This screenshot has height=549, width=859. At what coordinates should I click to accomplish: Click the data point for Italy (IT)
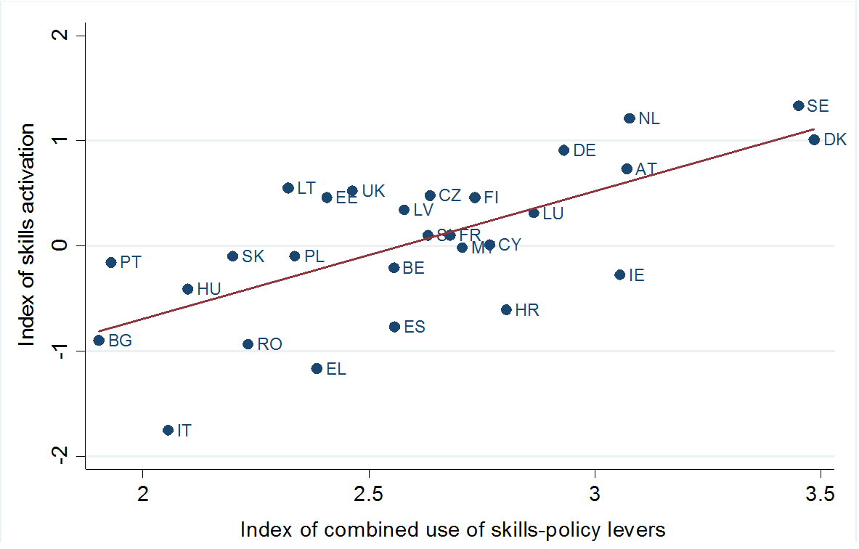click(x=168, y=430)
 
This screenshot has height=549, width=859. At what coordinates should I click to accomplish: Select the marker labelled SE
click(x=799, y=105)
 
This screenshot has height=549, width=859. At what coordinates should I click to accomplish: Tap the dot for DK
click(x=814, y=139)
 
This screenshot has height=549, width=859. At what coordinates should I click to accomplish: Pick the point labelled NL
click(x=630, y=118)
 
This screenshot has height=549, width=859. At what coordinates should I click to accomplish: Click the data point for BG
click(x=99, y=340)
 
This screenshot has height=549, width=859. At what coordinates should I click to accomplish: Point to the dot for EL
click(x=317, y=368)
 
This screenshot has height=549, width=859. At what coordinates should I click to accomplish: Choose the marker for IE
click(x=619, y=274)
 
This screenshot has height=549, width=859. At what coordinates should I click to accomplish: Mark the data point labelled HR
click(x=506, y=309)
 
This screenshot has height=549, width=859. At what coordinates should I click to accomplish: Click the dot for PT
click(x=111, y=262)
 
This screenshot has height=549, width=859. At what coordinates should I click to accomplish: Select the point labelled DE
click(x=563, y=150)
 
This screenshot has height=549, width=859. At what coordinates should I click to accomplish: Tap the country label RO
click(x=269, y=344)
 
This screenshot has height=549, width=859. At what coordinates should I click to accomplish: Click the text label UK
click(x=373, y=191)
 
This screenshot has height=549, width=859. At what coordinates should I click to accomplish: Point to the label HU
click(x=208, y=289)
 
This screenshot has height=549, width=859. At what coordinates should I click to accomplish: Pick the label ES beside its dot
click(x=415, y=327)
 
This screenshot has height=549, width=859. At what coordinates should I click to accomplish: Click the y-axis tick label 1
click(x=62, y=140)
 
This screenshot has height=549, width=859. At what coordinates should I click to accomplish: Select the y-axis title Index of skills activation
click(x=27, y=234)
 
